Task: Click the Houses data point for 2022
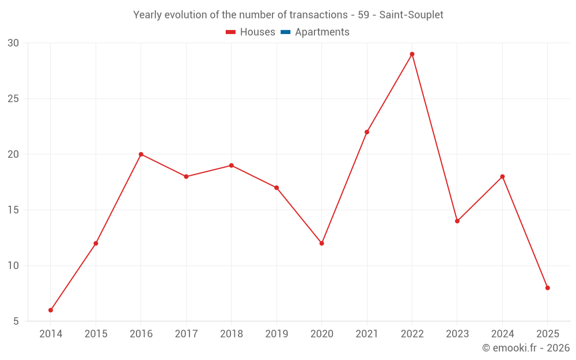[412, 54]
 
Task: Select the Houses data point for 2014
[51, 310]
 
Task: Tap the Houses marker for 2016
[141, 154]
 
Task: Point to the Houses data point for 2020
[321, 243]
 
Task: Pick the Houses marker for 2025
[547, 288]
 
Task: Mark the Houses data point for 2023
[457, 221]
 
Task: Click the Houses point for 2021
[367, 132]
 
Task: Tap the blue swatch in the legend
[285, 32]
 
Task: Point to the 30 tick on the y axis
[13, 43]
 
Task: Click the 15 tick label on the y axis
[13, 210]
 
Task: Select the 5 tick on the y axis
[16, 321]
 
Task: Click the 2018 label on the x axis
[231, 334]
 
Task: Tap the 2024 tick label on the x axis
[502, 334]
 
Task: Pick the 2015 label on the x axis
[96, 334]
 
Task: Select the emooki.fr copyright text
[525, 348]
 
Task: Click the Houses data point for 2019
[276, 188]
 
